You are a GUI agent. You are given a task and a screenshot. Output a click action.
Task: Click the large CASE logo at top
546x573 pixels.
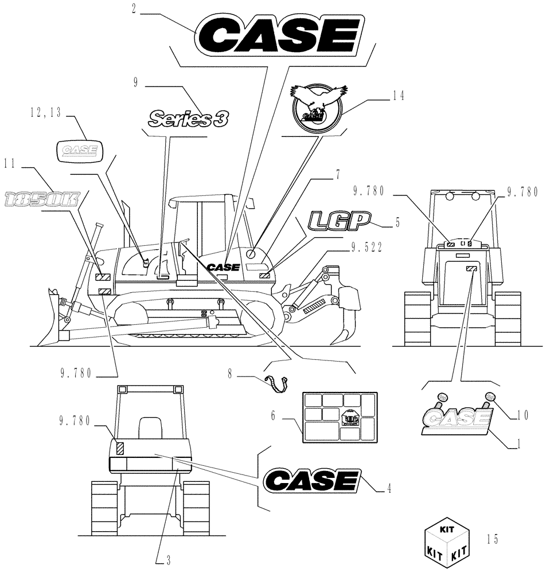pyautogui.click(x=275, y=36)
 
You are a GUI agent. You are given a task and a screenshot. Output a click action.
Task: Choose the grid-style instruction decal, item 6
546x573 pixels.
pyautogui.click(x=339, y=417)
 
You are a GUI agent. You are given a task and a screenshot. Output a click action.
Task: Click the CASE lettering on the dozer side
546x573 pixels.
pyautogui.click(x=224, y=267)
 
